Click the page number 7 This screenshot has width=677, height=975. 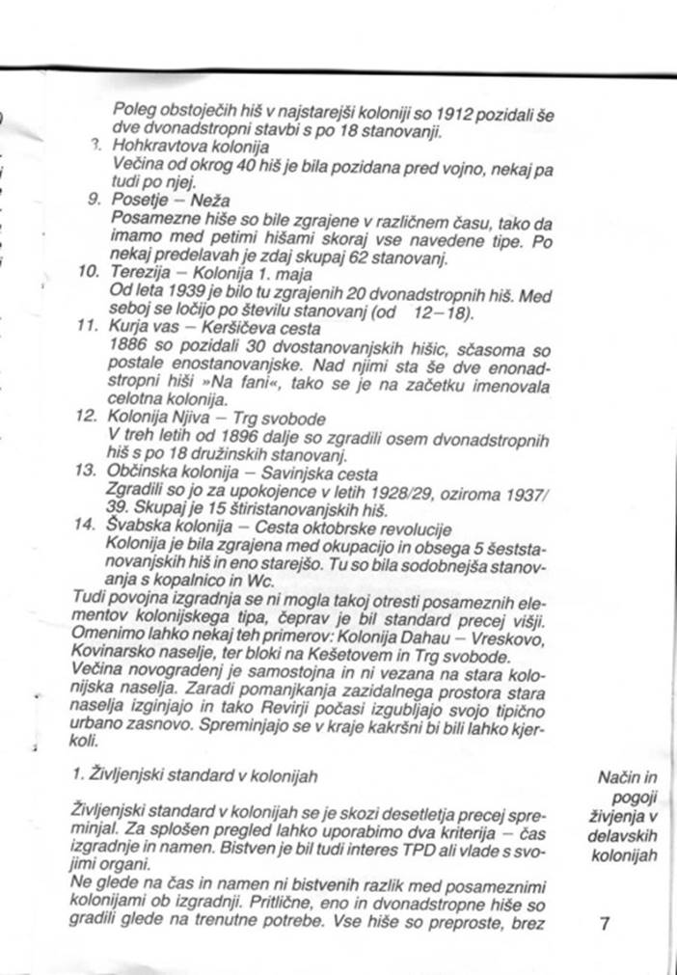(605, 923)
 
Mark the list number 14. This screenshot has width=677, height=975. (87, 525)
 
